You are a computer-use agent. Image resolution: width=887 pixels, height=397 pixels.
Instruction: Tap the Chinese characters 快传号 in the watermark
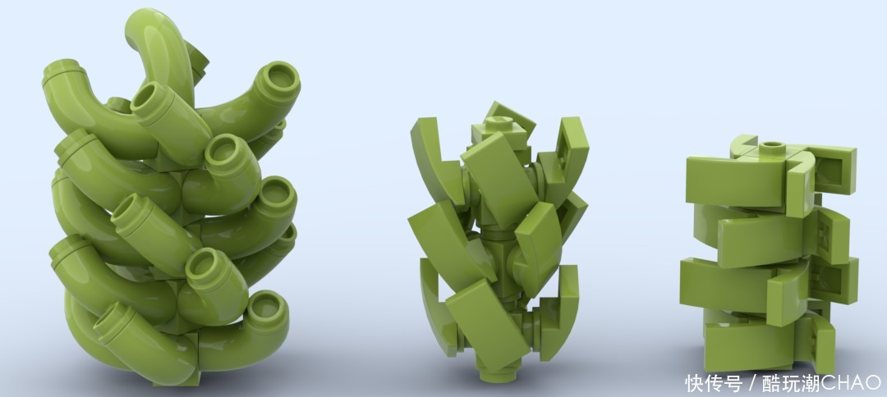[x=714, y=383]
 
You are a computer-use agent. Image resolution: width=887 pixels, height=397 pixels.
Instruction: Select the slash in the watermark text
[x=751, y=383]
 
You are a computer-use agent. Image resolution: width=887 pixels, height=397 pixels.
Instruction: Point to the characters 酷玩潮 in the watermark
[x=791, y=383]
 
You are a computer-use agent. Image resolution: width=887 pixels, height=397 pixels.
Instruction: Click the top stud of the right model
[x=772, y=148]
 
